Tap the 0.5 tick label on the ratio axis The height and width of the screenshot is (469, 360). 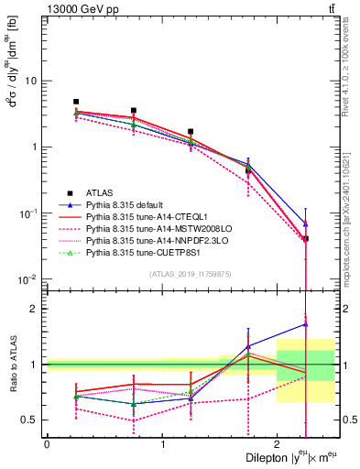point(32,420)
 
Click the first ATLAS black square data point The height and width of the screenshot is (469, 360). point(76,102)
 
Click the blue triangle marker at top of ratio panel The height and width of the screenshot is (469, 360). point(305,323)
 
